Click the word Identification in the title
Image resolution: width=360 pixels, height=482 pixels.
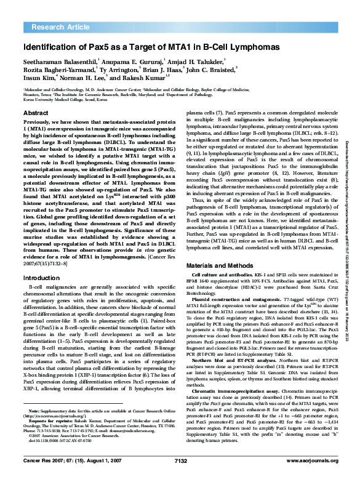pyautogui.click(x=50, y=47)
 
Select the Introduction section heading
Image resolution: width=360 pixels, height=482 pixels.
pyautogui.click(x=41, y=278)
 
